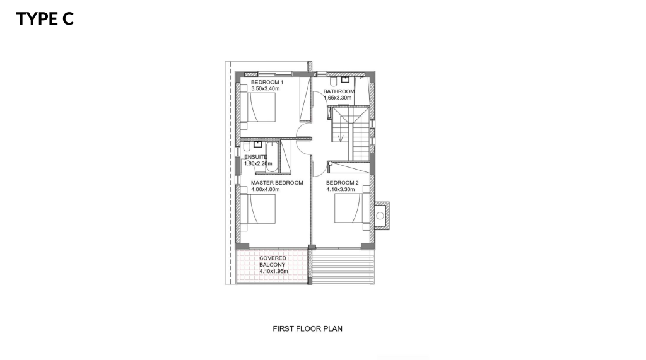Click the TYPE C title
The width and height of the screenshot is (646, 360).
(45, 18)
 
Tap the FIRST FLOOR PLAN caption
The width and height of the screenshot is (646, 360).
(307, 328)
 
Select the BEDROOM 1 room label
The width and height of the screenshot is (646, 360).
(267, 82)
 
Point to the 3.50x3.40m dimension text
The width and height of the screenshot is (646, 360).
(266, 88)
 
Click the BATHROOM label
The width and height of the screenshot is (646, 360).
(339, 91)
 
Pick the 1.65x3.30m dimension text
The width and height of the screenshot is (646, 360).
(338, 98)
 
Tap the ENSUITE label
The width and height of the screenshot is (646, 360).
(255, 157)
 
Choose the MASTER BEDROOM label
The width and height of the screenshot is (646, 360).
(277, 183)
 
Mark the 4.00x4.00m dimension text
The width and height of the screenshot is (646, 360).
(266, 190)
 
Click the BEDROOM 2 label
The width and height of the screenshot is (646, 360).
(343, 183)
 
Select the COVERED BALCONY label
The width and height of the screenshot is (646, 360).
(273, 262)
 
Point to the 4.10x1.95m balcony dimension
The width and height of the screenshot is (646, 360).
(274, 272)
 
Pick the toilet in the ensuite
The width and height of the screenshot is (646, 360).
(247, 147)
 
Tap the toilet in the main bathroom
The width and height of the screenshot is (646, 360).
(334, 80)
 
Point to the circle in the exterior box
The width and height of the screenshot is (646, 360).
(380, 216)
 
